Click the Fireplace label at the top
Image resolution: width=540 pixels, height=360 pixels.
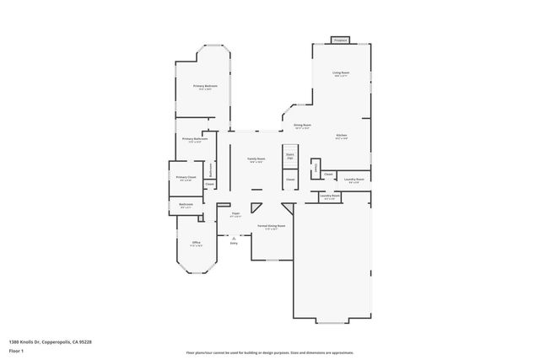coord(341,40)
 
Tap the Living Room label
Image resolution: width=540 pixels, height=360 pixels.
coord(341,73)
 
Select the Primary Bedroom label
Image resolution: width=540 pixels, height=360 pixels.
coord(205,86)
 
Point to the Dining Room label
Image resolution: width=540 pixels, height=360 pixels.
coord(302,126)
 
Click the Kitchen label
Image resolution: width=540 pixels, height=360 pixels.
coord(342,136)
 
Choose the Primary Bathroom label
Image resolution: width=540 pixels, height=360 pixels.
coord(195,139)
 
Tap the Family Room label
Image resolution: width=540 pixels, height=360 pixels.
coord(256,159)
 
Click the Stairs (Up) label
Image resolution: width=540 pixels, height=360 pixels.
coord(289,155)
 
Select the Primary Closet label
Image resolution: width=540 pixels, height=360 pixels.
coord(186,177)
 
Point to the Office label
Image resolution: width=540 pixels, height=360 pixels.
coord(196,244)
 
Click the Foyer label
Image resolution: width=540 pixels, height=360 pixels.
coord(235,214)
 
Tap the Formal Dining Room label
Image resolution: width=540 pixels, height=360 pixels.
coord(272,226)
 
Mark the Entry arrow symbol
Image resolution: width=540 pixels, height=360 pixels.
coord(234,238)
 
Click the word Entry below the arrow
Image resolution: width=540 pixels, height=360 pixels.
coord(234,244)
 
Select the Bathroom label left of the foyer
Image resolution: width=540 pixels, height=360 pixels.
coord(186,204)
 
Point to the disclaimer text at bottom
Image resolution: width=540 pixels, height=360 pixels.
coord(270,352)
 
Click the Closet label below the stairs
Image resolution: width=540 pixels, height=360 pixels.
coord(289,180)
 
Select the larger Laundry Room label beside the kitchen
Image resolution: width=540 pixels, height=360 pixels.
coord(354,179)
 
